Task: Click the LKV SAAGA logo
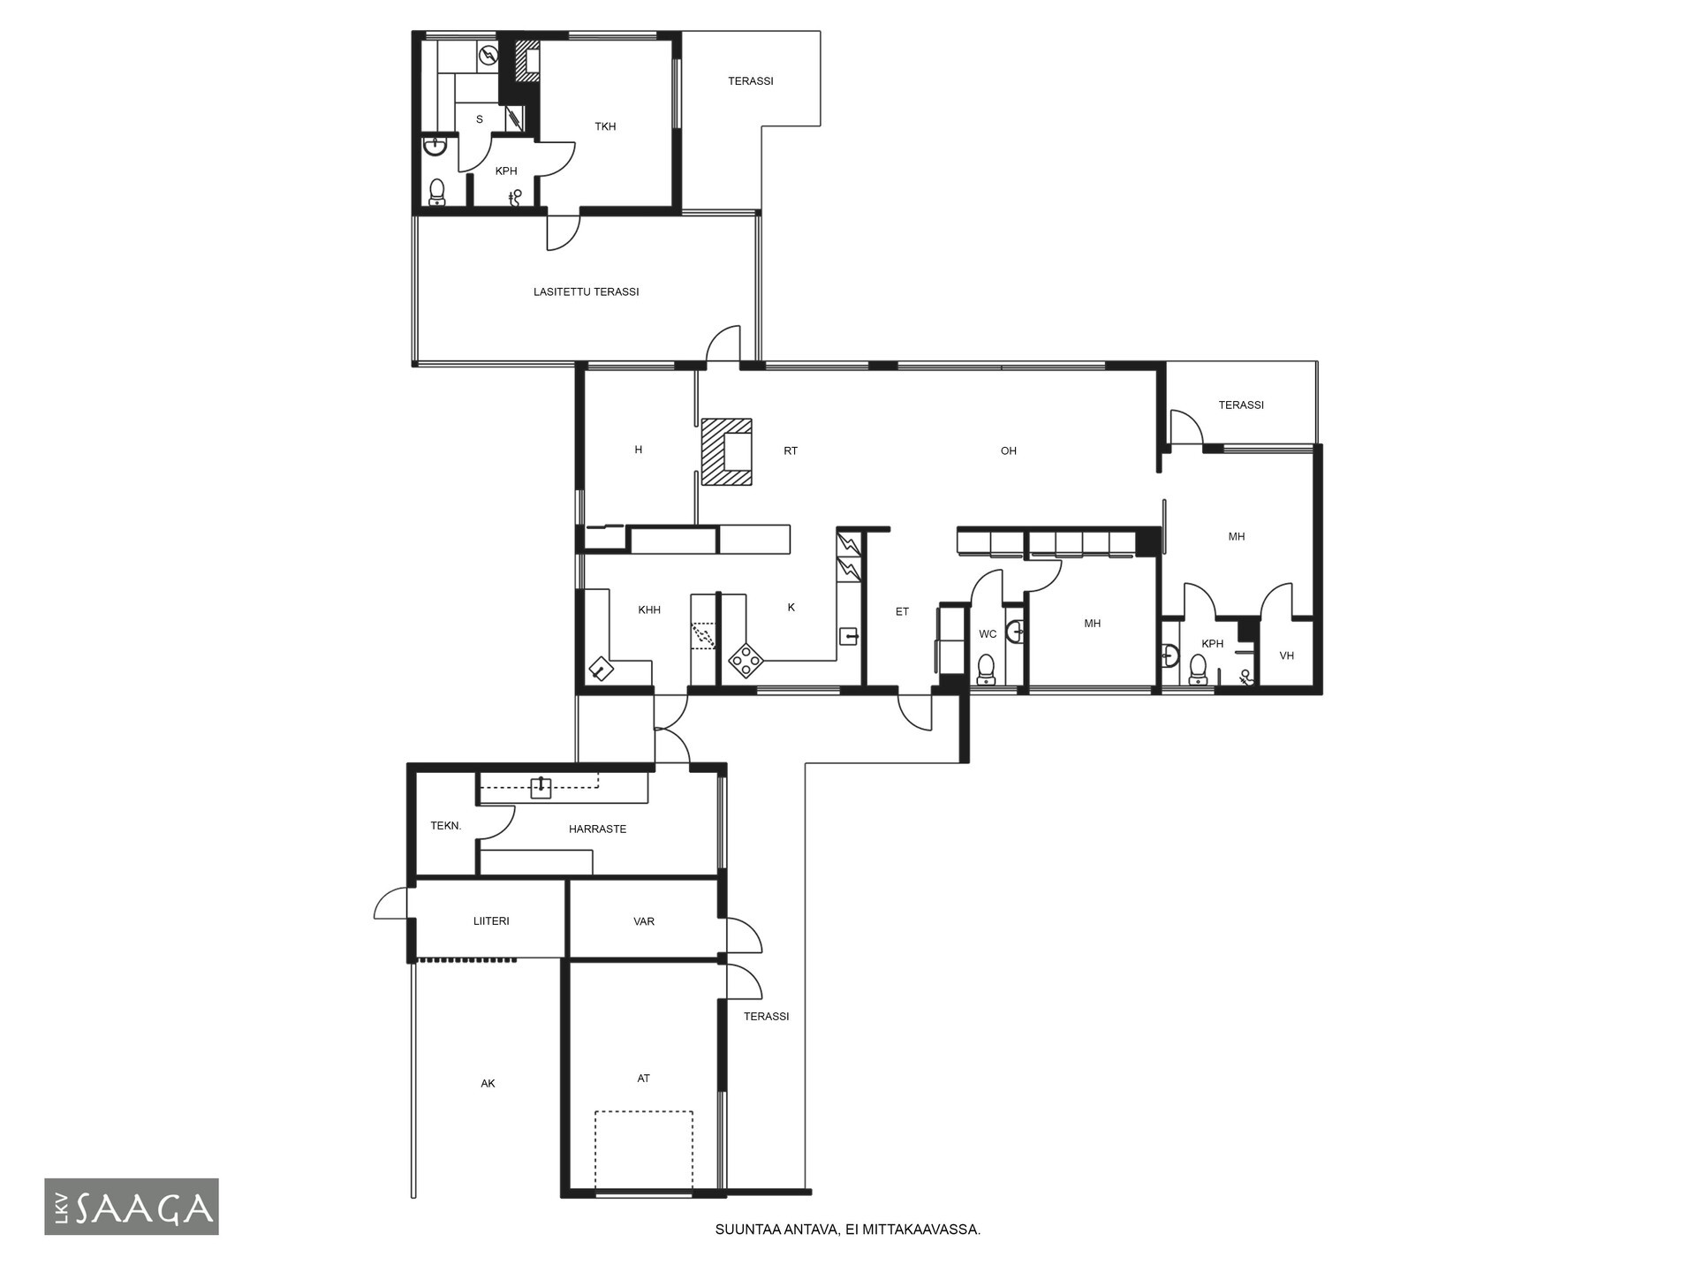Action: click(132, 1206)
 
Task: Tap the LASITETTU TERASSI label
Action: click(586, 291)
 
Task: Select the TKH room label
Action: click(605, 126)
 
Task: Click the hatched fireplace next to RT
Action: click(727, 451)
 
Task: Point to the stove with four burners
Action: click(746, 661)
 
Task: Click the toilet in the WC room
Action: click(986, 669)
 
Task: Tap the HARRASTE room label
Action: click(598, 829)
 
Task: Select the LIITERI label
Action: click(491, 920)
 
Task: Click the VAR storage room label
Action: click(644, 921)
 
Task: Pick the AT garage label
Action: click(644, 1079)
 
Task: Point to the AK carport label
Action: click(488, 1084)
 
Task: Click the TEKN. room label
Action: click(446, 826)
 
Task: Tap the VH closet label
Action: click(1286, 655)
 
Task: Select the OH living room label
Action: click(1009, 451)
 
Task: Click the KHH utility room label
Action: click(649, 609)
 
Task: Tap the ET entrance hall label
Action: click(902, 611)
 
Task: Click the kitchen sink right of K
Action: click(849, 635)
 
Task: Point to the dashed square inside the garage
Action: click(643, 1151)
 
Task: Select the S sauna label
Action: click(480, 119)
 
